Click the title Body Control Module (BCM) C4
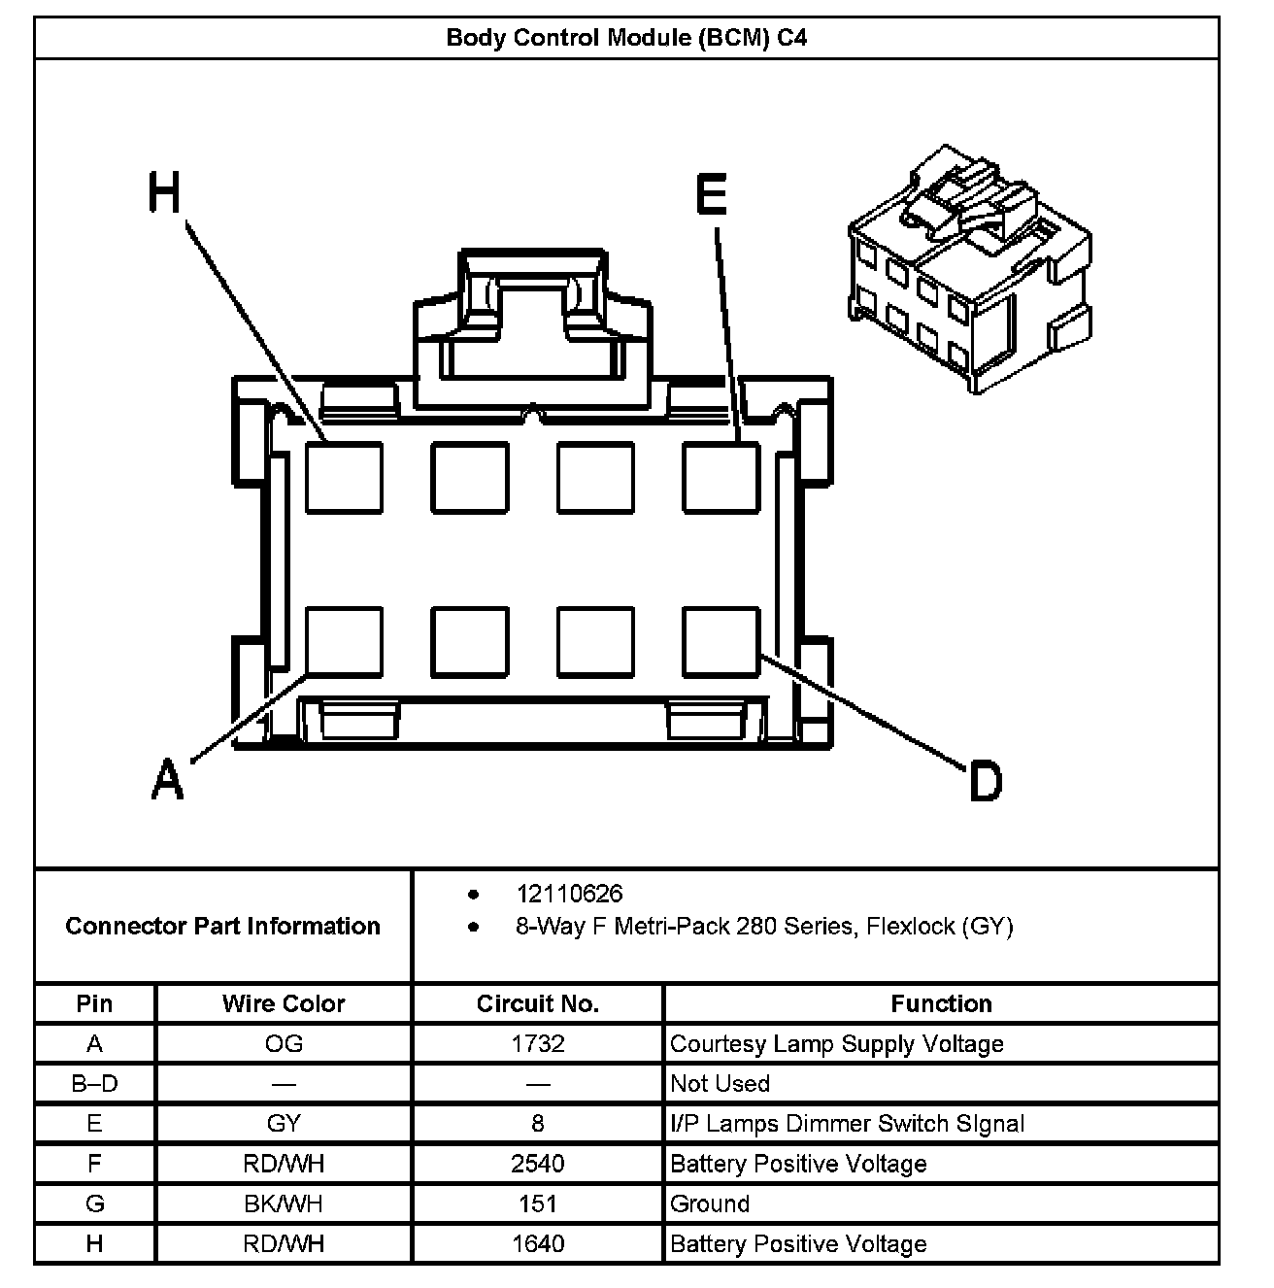[626, 38]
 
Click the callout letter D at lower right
[985, 781]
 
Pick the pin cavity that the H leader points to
[344, 477]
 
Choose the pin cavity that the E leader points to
[721, 477]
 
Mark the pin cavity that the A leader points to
[344, 641]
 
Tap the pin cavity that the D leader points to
[721, 641]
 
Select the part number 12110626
[569, 894]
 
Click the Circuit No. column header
[537, 1003]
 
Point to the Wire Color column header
[284, 1003]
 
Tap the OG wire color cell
[284, 1044]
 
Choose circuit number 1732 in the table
[537, 1044]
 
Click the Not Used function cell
[720, 1084]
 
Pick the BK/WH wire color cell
[284, 1204]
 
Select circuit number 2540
[537, 1164]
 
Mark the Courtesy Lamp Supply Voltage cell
[837, 1044]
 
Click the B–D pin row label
[94, 1084]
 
